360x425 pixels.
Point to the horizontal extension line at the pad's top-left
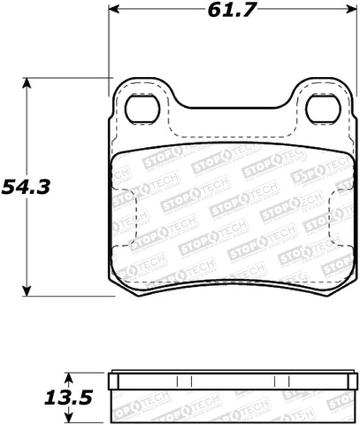point(71,78)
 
